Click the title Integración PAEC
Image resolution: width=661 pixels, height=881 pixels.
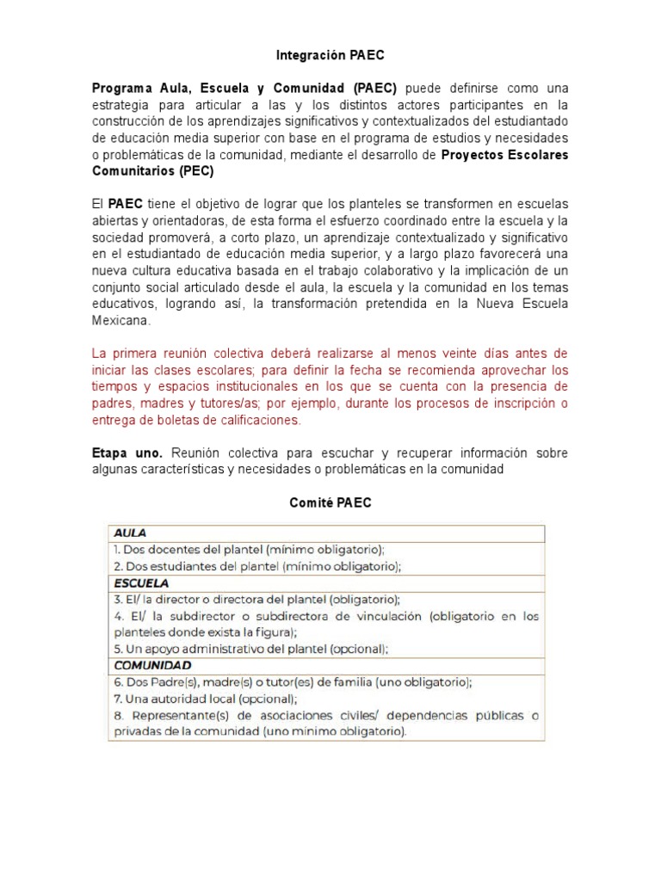point(330,55)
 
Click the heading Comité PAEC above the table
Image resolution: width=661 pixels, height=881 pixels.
point(330,503)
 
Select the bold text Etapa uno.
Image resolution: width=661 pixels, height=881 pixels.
point(128,453)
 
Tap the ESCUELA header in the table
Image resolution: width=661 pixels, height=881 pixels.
point(139,583)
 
